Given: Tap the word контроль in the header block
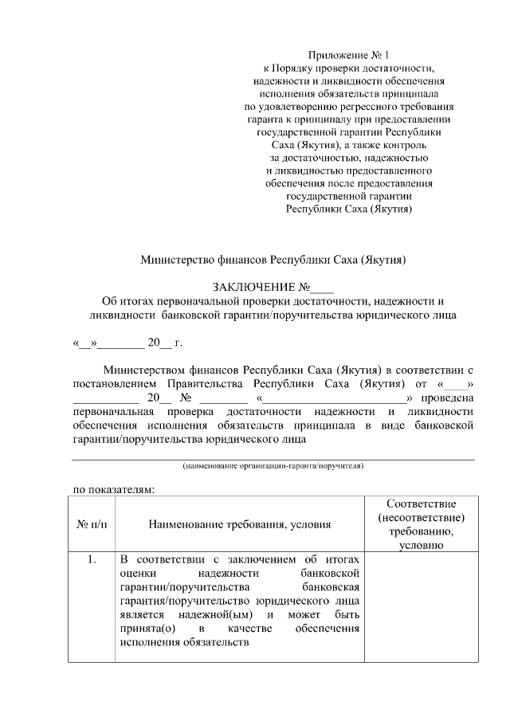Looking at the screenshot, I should point(406,145).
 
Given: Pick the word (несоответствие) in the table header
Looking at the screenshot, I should point(422,517).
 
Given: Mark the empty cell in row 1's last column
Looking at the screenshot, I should point(422,605).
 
